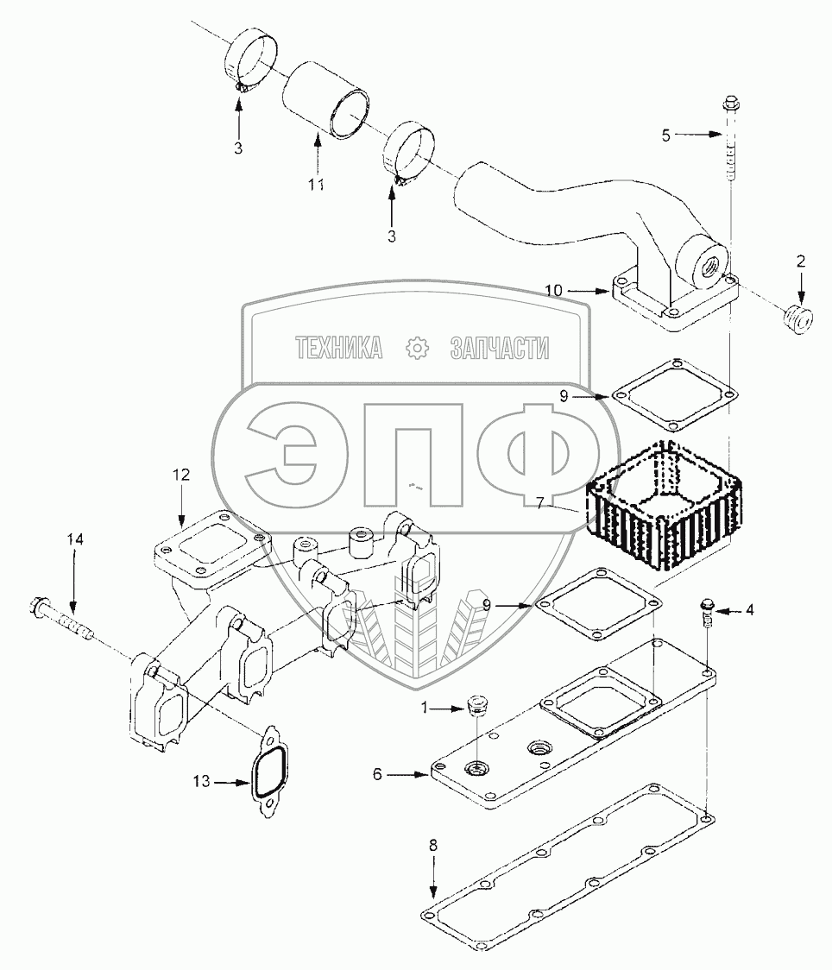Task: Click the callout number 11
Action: pyautogui.click(x=318, y=185)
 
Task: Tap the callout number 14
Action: pyautogui.click(x=75, y=539)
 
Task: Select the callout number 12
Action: pyautogui.click(x=180, y=475)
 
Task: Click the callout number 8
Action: pyautogui.click(x=433, y=845)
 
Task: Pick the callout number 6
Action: pyautogui.click(x=376, y=775)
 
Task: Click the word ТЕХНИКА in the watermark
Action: pyautogui.click(x=339, y=349)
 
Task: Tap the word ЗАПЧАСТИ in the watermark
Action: pyautogui.click(x=500, y=349)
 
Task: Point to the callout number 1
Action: pyautogui.click(x=424, y=708)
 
